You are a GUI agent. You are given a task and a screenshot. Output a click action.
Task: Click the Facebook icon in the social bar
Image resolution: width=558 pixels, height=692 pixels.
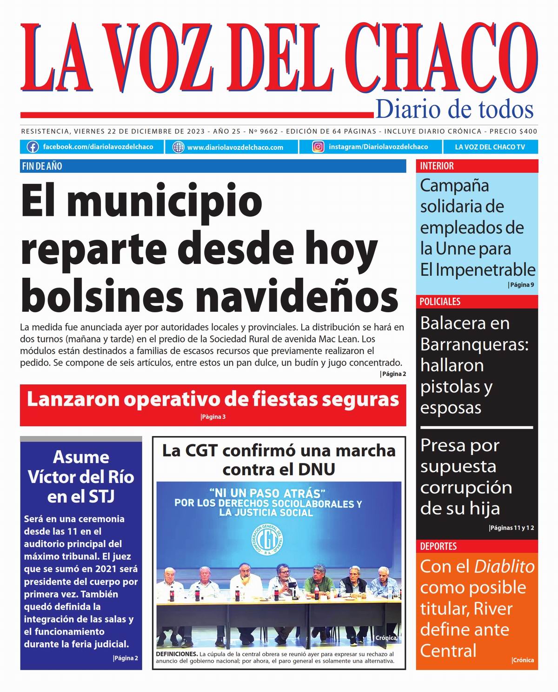33,147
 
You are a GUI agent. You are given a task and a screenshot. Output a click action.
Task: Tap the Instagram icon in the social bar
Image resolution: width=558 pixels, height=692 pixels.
318,147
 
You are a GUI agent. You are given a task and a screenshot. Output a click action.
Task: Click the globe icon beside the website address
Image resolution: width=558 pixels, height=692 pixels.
178,147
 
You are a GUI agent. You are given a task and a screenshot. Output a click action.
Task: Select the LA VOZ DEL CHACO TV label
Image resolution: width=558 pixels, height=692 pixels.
490,147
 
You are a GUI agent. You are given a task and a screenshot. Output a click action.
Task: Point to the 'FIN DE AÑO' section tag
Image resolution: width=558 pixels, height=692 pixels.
42,166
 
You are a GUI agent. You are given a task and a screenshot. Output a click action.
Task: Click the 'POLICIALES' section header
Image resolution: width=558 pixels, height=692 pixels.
440,302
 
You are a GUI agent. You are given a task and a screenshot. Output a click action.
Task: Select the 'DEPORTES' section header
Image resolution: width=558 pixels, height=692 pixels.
438,546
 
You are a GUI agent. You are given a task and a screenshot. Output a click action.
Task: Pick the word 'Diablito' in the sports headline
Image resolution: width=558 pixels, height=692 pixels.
504,566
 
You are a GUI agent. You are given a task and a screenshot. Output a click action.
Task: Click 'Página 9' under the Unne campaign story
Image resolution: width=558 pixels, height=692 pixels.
521,285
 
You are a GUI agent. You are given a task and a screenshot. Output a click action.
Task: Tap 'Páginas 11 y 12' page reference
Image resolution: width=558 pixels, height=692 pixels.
511,528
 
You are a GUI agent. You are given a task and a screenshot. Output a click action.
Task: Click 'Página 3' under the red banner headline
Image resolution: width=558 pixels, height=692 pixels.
213,417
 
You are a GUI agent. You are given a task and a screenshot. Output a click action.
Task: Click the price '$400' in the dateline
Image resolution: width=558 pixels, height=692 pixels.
528,132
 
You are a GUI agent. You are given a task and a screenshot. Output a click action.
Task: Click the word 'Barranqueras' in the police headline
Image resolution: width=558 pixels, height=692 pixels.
474,344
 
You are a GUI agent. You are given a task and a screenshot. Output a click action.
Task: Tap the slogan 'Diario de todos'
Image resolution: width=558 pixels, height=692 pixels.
454,110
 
